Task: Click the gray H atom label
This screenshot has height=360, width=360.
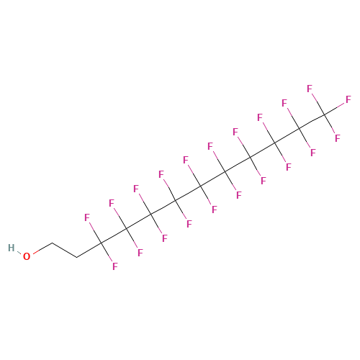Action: tap(12, 248)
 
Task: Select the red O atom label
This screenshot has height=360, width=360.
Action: tap(27, 256)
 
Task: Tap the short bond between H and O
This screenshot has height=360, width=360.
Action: tap(19, 252)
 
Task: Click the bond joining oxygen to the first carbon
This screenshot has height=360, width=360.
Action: tap(42, 248)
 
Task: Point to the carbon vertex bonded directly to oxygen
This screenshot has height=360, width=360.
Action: tap(53, 243)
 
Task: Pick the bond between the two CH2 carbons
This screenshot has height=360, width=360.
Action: tap(65, 251)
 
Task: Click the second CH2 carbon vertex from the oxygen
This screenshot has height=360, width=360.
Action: tap(77, 258)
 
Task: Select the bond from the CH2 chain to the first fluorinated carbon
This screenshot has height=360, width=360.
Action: tap(89, 251)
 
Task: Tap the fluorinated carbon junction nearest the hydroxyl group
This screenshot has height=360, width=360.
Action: tap(102, 243)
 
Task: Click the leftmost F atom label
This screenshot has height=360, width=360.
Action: tap(87, 217)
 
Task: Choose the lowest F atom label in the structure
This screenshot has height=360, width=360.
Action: tap(115, 266)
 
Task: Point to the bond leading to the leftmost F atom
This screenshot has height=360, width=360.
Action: tap(96, 233)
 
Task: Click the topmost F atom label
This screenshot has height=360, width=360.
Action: tap(310, 89)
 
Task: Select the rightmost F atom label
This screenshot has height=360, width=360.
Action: tap(348, 99)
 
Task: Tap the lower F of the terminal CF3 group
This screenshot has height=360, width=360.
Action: tap(338, 138)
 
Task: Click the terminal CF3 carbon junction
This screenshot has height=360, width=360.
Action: tap(325, 114)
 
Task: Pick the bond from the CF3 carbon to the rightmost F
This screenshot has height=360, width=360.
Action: tap(335, 109)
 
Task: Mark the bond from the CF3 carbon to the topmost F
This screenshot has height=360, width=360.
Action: tap(318, 104)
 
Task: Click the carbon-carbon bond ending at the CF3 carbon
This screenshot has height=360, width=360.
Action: tap(312, 122)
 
